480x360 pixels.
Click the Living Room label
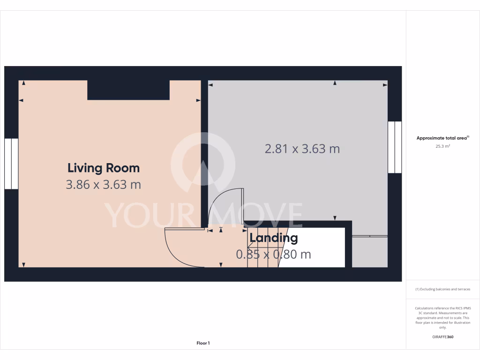click(104, 168)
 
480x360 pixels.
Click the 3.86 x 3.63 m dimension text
click(104, 185)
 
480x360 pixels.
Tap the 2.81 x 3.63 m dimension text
click(302, 149)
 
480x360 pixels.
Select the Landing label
click(273, 238)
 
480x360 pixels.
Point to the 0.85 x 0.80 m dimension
click(273, 255)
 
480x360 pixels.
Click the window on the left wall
click(11, 164)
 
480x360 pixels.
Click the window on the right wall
click(395, 147)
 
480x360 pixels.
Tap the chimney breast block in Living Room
click(128, 90)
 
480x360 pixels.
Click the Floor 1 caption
click(203, 343)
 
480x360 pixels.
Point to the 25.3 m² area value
click(443, 146)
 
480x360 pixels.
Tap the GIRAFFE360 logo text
click(443, 337)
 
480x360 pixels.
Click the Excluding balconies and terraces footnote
click(443, 289)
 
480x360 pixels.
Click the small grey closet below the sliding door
click(369, 252)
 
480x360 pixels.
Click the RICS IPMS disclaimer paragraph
click(443, 317)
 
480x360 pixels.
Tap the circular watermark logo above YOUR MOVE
click(202, 162)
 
